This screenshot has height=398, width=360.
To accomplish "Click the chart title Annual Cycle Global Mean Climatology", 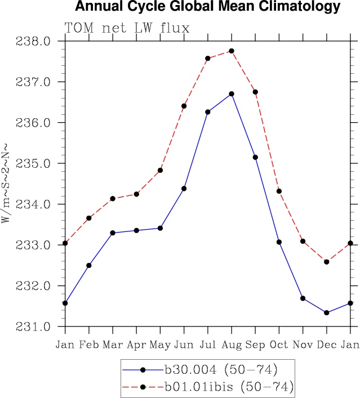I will [x=208, y=7].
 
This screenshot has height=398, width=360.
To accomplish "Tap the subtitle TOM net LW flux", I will [x=127, y=28].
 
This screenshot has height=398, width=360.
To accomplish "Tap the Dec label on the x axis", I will [x=327, y=344].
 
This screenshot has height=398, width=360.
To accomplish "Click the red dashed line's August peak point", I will [x=232, y=51].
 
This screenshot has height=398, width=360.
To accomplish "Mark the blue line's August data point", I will [x=232, y=94].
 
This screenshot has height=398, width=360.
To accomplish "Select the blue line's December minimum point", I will [x=327, y=312].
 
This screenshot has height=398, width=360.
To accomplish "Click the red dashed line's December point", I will [x=327, y=262].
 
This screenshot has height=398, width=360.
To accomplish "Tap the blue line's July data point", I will [x=208, y=112].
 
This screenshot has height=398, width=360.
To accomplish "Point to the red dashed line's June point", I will [x=184, y=106].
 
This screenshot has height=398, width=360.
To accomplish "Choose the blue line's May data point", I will [x=161, y=228].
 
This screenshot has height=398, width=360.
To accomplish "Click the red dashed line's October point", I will [x=279, y=191].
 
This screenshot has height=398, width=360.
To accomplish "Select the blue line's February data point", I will [x=89, y=265].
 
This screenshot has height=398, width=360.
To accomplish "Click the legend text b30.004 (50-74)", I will [x=221, y=370].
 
